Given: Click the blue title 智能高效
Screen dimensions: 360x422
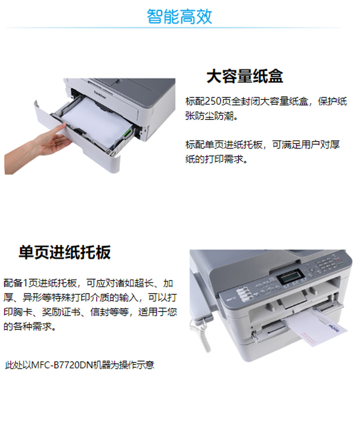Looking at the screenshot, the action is click(x=180, y=16).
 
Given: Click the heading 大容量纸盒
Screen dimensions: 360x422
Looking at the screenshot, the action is click(x=245, y=76).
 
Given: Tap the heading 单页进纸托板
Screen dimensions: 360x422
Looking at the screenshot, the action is click(x=65, y=252).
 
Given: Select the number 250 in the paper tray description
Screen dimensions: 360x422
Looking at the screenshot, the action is click(x=213, y=101).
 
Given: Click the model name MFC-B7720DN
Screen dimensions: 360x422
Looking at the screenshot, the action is click(x=62, y=365).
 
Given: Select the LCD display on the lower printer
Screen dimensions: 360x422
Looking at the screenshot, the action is click(x=290, y=276).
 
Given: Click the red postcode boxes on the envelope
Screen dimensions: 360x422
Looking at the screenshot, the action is click(x=308, y=338).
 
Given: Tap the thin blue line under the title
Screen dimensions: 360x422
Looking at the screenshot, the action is click(x=174, y=27).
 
